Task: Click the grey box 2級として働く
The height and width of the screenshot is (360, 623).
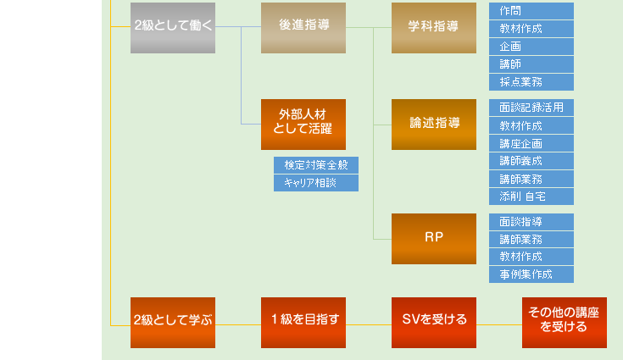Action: (x=173, y=28)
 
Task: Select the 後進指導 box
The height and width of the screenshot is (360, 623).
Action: (x=303, y=28)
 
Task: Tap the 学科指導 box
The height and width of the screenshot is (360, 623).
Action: (x=434, y=28)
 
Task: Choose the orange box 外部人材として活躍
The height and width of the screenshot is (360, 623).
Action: (x=303, y=124)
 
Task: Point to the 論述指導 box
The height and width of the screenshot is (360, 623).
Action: (x=434, y=124)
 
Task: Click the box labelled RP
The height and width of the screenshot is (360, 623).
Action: (x=434, y=238)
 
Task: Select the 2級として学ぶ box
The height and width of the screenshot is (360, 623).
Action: (x=173, y=322)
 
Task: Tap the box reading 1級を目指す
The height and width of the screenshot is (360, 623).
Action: (x=303, y=322)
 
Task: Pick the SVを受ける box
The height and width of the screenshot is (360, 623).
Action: (x=434, y=322)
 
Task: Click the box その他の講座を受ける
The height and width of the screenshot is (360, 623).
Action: (x=565, y=322)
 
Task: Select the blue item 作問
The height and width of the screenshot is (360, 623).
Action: (x=531, y=11)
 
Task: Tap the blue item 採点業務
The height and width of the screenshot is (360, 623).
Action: (x=531, y=82)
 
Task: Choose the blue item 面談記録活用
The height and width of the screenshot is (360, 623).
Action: (x=531, y=108)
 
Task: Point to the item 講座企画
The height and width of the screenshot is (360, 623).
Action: (x=531, y=143)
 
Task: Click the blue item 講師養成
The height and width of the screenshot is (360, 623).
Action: (x=531, y=161)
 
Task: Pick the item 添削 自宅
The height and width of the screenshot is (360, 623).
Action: (x=531, y=197)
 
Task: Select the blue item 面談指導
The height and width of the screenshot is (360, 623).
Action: (x=531, y=222)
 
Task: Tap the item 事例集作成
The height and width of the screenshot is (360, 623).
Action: (x=531, y=274)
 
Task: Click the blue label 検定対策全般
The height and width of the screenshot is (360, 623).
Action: (x=316, y=165)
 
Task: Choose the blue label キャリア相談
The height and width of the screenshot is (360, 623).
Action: (x=316, y=183)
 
